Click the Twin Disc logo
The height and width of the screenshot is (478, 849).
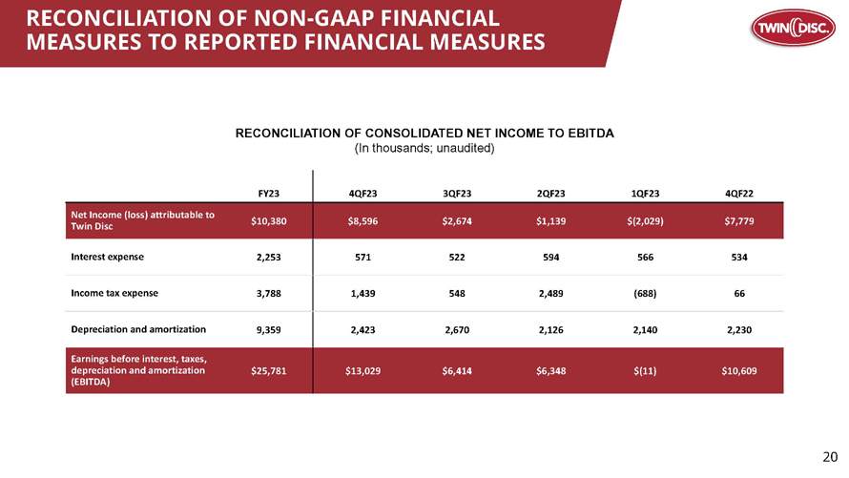pos(794,28)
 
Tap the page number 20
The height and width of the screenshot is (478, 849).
pos(830,457)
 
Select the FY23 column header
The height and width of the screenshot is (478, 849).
pos(269,194)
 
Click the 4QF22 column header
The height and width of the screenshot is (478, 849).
pos(739,194)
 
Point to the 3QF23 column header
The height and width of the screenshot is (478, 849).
pos(457,194)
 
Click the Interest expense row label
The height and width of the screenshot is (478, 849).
pos(107,257)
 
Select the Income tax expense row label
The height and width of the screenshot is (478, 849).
pos(114,293)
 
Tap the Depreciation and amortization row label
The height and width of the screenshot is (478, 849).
pos(138,329)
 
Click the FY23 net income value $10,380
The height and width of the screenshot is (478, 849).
pos(269,220)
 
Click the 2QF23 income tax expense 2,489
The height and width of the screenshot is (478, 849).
pos(551,294)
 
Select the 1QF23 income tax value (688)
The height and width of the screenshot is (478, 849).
pos(646,294)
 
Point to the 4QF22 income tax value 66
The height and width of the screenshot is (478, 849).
pos(739,294)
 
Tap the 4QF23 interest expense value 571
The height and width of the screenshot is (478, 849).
pos(362,258)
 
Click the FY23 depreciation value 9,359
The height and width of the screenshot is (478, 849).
pos(269,330)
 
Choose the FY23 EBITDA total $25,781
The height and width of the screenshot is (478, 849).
pos(269,371)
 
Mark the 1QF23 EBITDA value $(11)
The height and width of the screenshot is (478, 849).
pos(646,371)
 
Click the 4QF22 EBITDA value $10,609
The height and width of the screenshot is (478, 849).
pos(739,371)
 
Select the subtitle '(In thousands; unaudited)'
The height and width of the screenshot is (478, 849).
pos(424,148)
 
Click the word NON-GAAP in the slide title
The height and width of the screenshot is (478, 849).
pos(315,18)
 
